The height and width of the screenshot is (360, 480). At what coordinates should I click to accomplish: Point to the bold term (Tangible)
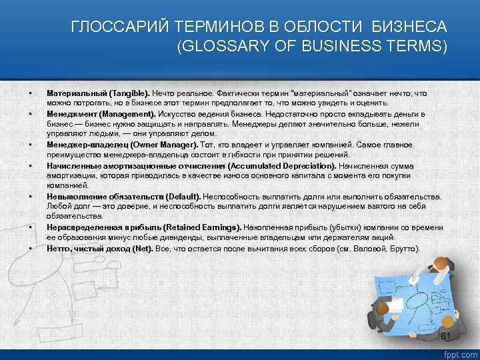130,94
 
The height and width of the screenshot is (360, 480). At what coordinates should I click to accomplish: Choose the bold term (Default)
183,197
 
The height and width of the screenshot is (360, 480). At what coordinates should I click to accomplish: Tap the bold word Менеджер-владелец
84,145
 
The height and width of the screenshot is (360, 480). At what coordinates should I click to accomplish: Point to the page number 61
447,335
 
